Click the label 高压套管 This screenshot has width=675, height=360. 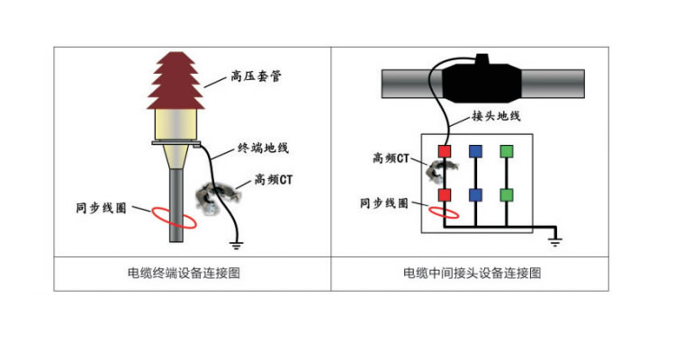(x=256, y=77)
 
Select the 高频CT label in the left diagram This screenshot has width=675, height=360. (x=274, y=179)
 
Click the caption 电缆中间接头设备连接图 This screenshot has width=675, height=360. (x=472, y=273)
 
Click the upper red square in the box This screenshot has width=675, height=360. (x=444, y=150)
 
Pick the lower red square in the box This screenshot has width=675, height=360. (x=444, y=194)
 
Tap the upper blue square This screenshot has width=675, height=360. (x=475, y=150)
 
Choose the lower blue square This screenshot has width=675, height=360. (x=475, y=194)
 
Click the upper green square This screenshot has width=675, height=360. (x=507, y=150)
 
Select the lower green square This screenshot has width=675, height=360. (x=507, y=194)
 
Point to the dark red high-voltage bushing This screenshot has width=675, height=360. (x=175, y=81)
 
